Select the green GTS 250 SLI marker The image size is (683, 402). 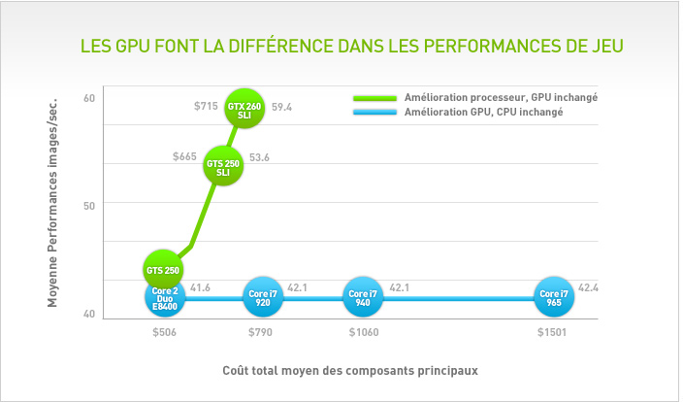point(224,166)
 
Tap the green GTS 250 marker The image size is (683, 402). point(163,269)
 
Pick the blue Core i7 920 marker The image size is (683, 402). point(263,297)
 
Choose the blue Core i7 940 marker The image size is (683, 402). point(363,297)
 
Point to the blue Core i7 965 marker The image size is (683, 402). point(554,297)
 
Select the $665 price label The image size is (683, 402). point(184,156)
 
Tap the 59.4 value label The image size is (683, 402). point(282,107)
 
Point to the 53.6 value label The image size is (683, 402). point(260,157)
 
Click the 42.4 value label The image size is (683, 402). point(589,287)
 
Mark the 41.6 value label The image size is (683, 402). point(201,288)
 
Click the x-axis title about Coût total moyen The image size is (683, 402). point(350,369)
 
